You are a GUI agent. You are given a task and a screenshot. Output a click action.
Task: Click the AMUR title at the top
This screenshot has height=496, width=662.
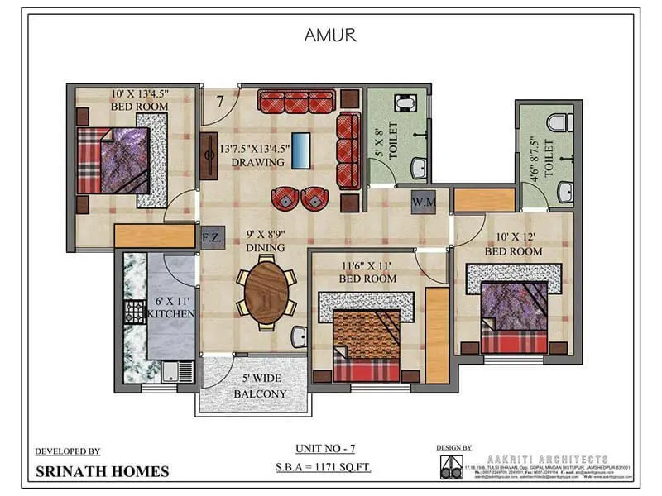coord(330,36)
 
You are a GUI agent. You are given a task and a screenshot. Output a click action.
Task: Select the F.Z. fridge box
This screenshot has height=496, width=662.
coord(210,236)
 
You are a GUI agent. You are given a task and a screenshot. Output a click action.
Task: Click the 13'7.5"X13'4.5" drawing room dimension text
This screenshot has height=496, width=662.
coord(252,150)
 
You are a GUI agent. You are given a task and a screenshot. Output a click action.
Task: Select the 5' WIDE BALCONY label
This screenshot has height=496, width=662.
coord(260,387)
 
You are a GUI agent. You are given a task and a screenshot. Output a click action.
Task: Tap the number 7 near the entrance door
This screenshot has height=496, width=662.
coord(219,102)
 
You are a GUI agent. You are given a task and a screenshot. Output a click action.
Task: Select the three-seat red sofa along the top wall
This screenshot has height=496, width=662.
coord(295,102)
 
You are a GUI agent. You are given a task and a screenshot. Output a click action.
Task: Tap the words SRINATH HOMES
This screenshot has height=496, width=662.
coord(102,472)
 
